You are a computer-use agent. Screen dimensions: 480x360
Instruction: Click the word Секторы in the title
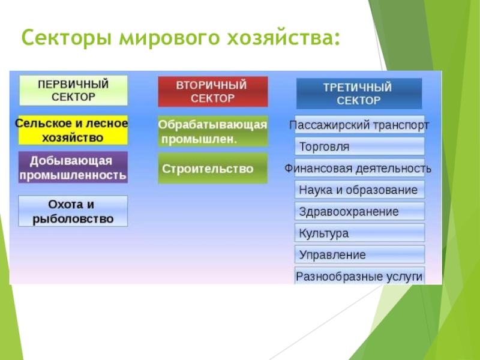(66, 37)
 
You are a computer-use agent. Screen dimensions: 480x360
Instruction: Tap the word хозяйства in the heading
(283, 37)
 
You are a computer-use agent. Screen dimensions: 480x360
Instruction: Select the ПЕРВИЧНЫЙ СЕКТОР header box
(73, 91)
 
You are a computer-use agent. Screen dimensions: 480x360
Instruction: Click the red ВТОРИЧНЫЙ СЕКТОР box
(213, 92)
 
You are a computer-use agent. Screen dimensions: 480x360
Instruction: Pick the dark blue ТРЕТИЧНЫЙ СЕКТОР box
(359, 94)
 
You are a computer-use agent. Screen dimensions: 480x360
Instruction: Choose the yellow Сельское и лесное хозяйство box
(73, 130)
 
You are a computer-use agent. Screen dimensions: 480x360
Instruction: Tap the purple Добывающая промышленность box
(73, 167)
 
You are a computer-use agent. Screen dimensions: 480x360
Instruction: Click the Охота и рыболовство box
(73, 211)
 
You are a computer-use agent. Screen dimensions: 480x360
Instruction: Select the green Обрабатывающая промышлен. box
(213, 131)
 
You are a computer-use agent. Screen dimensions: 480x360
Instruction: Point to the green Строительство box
(213, 169)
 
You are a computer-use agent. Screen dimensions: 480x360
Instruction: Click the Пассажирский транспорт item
(359, 125)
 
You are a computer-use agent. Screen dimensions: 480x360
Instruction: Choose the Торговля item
(359, 146)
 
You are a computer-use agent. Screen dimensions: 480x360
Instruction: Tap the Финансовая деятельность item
(358, 168)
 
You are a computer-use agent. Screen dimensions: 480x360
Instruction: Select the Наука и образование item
(359, 190)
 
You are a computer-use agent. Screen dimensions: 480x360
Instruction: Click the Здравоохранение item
(359, 211)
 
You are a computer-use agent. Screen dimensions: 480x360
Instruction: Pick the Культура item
(359, 233)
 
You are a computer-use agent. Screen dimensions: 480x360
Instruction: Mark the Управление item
(359, 254)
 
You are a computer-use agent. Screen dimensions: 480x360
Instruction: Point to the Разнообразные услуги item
(359, 276)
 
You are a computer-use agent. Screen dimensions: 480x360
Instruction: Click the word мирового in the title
(169, 37)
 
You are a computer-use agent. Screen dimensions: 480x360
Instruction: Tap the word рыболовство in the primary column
(73, 219)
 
